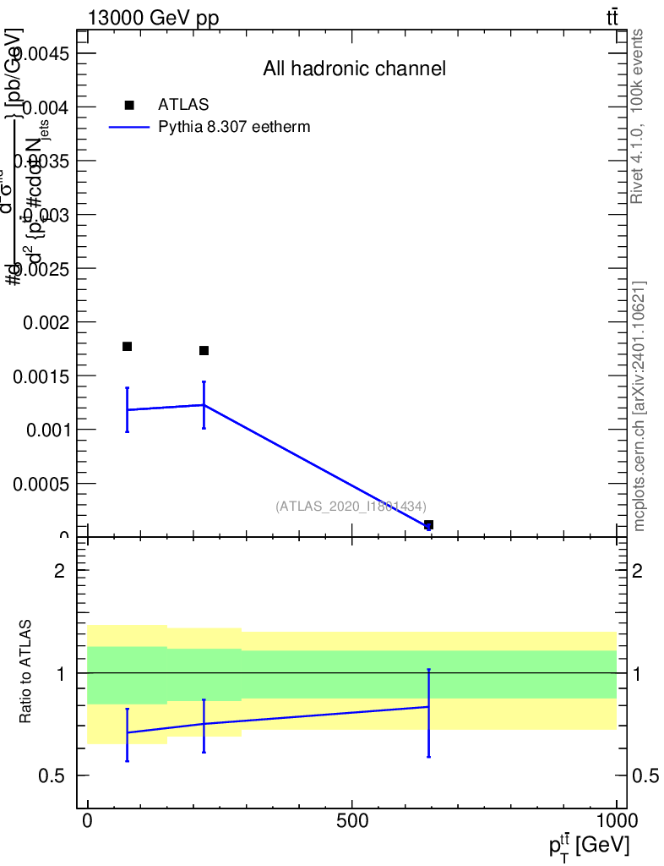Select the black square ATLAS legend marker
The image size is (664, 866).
[129, 105]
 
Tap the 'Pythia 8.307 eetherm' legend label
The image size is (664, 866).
[235, 128]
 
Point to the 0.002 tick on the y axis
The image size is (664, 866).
[48, 322]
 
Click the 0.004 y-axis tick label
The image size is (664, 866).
[48, 107]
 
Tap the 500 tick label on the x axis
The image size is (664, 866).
[351, 821]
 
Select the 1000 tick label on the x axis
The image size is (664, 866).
[616, 821]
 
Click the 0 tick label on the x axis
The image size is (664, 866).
[88, 821]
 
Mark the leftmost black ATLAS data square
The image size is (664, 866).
[128, 346]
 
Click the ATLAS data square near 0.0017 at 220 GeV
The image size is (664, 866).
[204, 350]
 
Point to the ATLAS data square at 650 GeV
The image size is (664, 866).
[428, 525]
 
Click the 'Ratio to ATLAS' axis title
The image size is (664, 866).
[26, 673]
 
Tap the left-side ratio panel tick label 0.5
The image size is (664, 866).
[52, 776]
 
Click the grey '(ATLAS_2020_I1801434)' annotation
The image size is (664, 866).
[351, 506]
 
